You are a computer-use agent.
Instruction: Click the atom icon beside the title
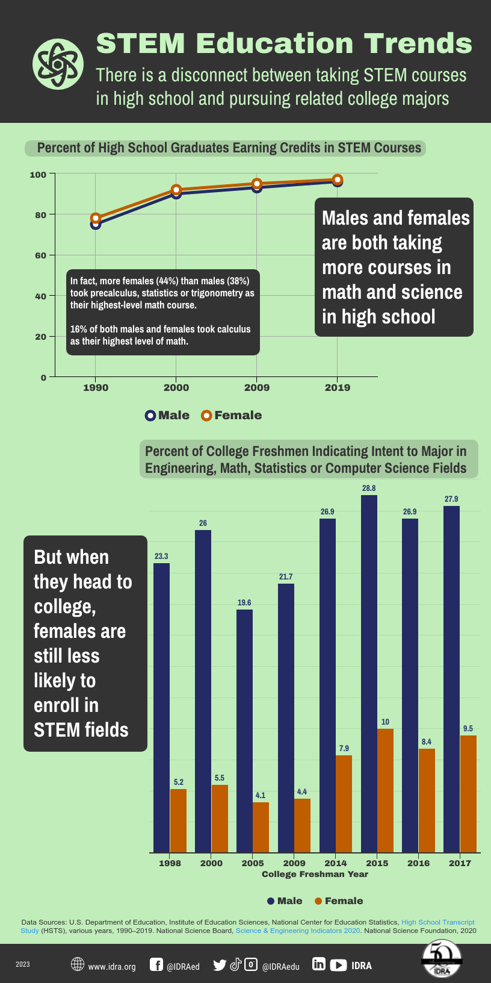(x=58, y=64)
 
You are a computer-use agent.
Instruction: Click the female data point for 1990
(x=96, y=218)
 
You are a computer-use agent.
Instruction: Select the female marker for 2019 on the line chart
(x=338, y=179)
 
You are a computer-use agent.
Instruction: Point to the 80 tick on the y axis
(x=40, y=214)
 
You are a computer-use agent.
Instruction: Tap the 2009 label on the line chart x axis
(x=257, y=387)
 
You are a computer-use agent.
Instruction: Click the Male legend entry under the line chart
(x=167, y=415)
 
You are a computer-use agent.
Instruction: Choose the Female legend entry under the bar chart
(x=339, y=900)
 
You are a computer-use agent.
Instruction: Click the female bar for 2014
(x=344, y=804)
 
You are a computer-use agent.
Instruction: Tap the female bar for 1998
(x=178, y=820)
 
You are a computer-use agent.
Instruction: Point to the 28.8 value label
(x=369, y=488)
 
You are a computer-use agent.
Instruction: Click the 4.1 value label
(x=261, y=795)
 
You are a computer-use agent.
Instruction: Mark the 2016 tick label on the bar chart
(x=419, y=863)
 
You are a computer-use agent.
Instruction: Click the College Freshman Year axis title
(x=315, y=874)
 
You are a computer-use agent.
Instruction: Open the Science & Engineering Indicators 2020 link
(x=298, y=931)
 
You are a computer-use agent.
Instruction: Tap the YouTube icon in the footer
(x=338, y=965)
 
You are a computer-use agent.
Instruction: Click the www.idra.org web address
(x=111, y=966)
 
